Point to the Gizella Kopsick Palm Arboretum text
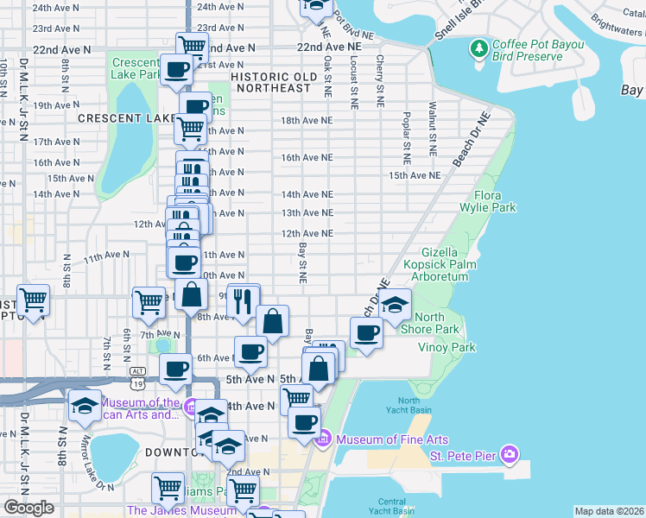coord(457,263)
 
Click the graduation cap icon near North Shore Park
coord(394,306)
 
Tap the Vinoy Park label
coord(446,347)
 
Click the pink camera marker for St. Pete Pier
coord(510,453)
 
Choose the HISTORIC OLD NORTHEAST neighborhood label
coord(271,82)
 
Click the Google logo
coord(29,508)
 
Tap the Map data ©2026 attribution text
coord(609,511)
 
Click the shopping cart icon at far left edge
coord(33,301)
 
